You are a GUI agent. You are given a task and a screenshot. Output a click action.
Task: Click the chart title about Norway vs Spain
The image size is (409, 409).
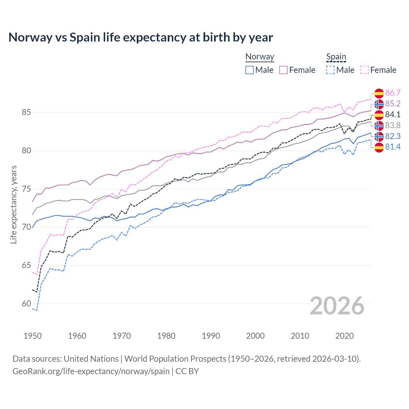(x=141, y=37)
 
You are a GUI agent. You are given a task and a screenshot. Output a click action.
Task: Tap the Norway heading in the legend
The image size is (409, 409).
(x=259, y=57)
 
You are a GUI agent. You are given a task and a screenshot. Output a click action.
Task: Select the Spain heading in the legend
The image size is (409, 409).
(x=336, y=57)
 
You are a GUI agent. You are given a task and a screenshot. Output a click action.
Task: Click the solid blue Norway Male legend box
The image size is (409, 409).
(x=250, y=70)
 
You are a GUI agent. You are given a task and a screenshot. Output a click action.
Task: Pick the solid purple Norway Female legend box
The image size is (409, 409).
(x=283, y=70)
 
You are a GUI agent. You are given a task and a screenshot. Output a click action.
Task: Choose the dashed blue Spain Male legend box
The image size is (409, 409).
(x=330, y=70)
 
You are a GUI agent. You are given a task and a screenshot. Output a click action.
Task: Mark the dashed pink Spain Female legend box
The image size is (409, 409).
(x=365, y=70)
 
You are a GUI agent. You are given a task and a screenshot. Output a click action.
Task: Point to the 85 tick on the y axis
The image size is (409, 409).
(x=26, y=112)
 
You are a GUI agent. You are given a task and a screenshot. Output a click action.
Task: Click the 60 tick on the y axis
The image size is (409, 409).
(x=26, y=304)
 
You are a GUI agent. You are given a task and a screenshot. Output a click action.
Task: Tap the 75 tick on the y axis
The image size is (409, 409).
(x=26, y=189)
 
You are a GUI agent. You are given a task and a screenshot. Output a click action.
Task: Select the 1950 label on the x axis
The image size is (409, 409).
(x=33, y=336)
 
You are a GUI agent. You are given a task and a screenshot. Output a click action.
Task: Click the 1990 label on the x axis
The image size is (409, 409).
(x=211, y=336)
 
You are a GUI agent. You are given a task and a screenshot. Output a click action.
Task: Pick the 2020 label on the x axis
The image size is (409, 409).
(x=344, y=336)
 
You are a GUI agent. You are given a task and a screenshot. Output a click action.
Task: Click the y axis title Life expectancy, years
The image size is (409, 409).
(x=13, y=204)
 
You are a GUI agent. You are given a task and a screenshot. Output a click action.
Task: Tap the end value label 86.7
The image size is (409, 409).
(x=393, y=93)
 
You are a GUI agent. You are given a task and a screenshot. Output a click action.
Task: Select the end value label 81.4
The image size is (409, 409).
(x=393, y=147)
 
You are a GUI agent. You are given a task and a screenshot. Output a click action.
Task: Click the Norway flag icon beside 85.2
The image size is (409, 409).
(x=379, y=104)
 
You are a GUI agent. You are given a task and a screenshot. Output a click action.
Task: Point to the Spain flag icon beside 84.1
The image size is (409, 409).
(x=379, y=114)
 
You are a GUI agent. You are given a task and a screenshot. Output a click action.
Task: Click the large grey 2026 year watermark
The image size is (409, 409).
(x=337, y=306)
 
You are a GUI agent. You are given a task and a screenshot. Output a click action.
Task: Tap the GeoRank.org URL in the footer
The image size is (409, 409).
(x=91, y=371)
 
